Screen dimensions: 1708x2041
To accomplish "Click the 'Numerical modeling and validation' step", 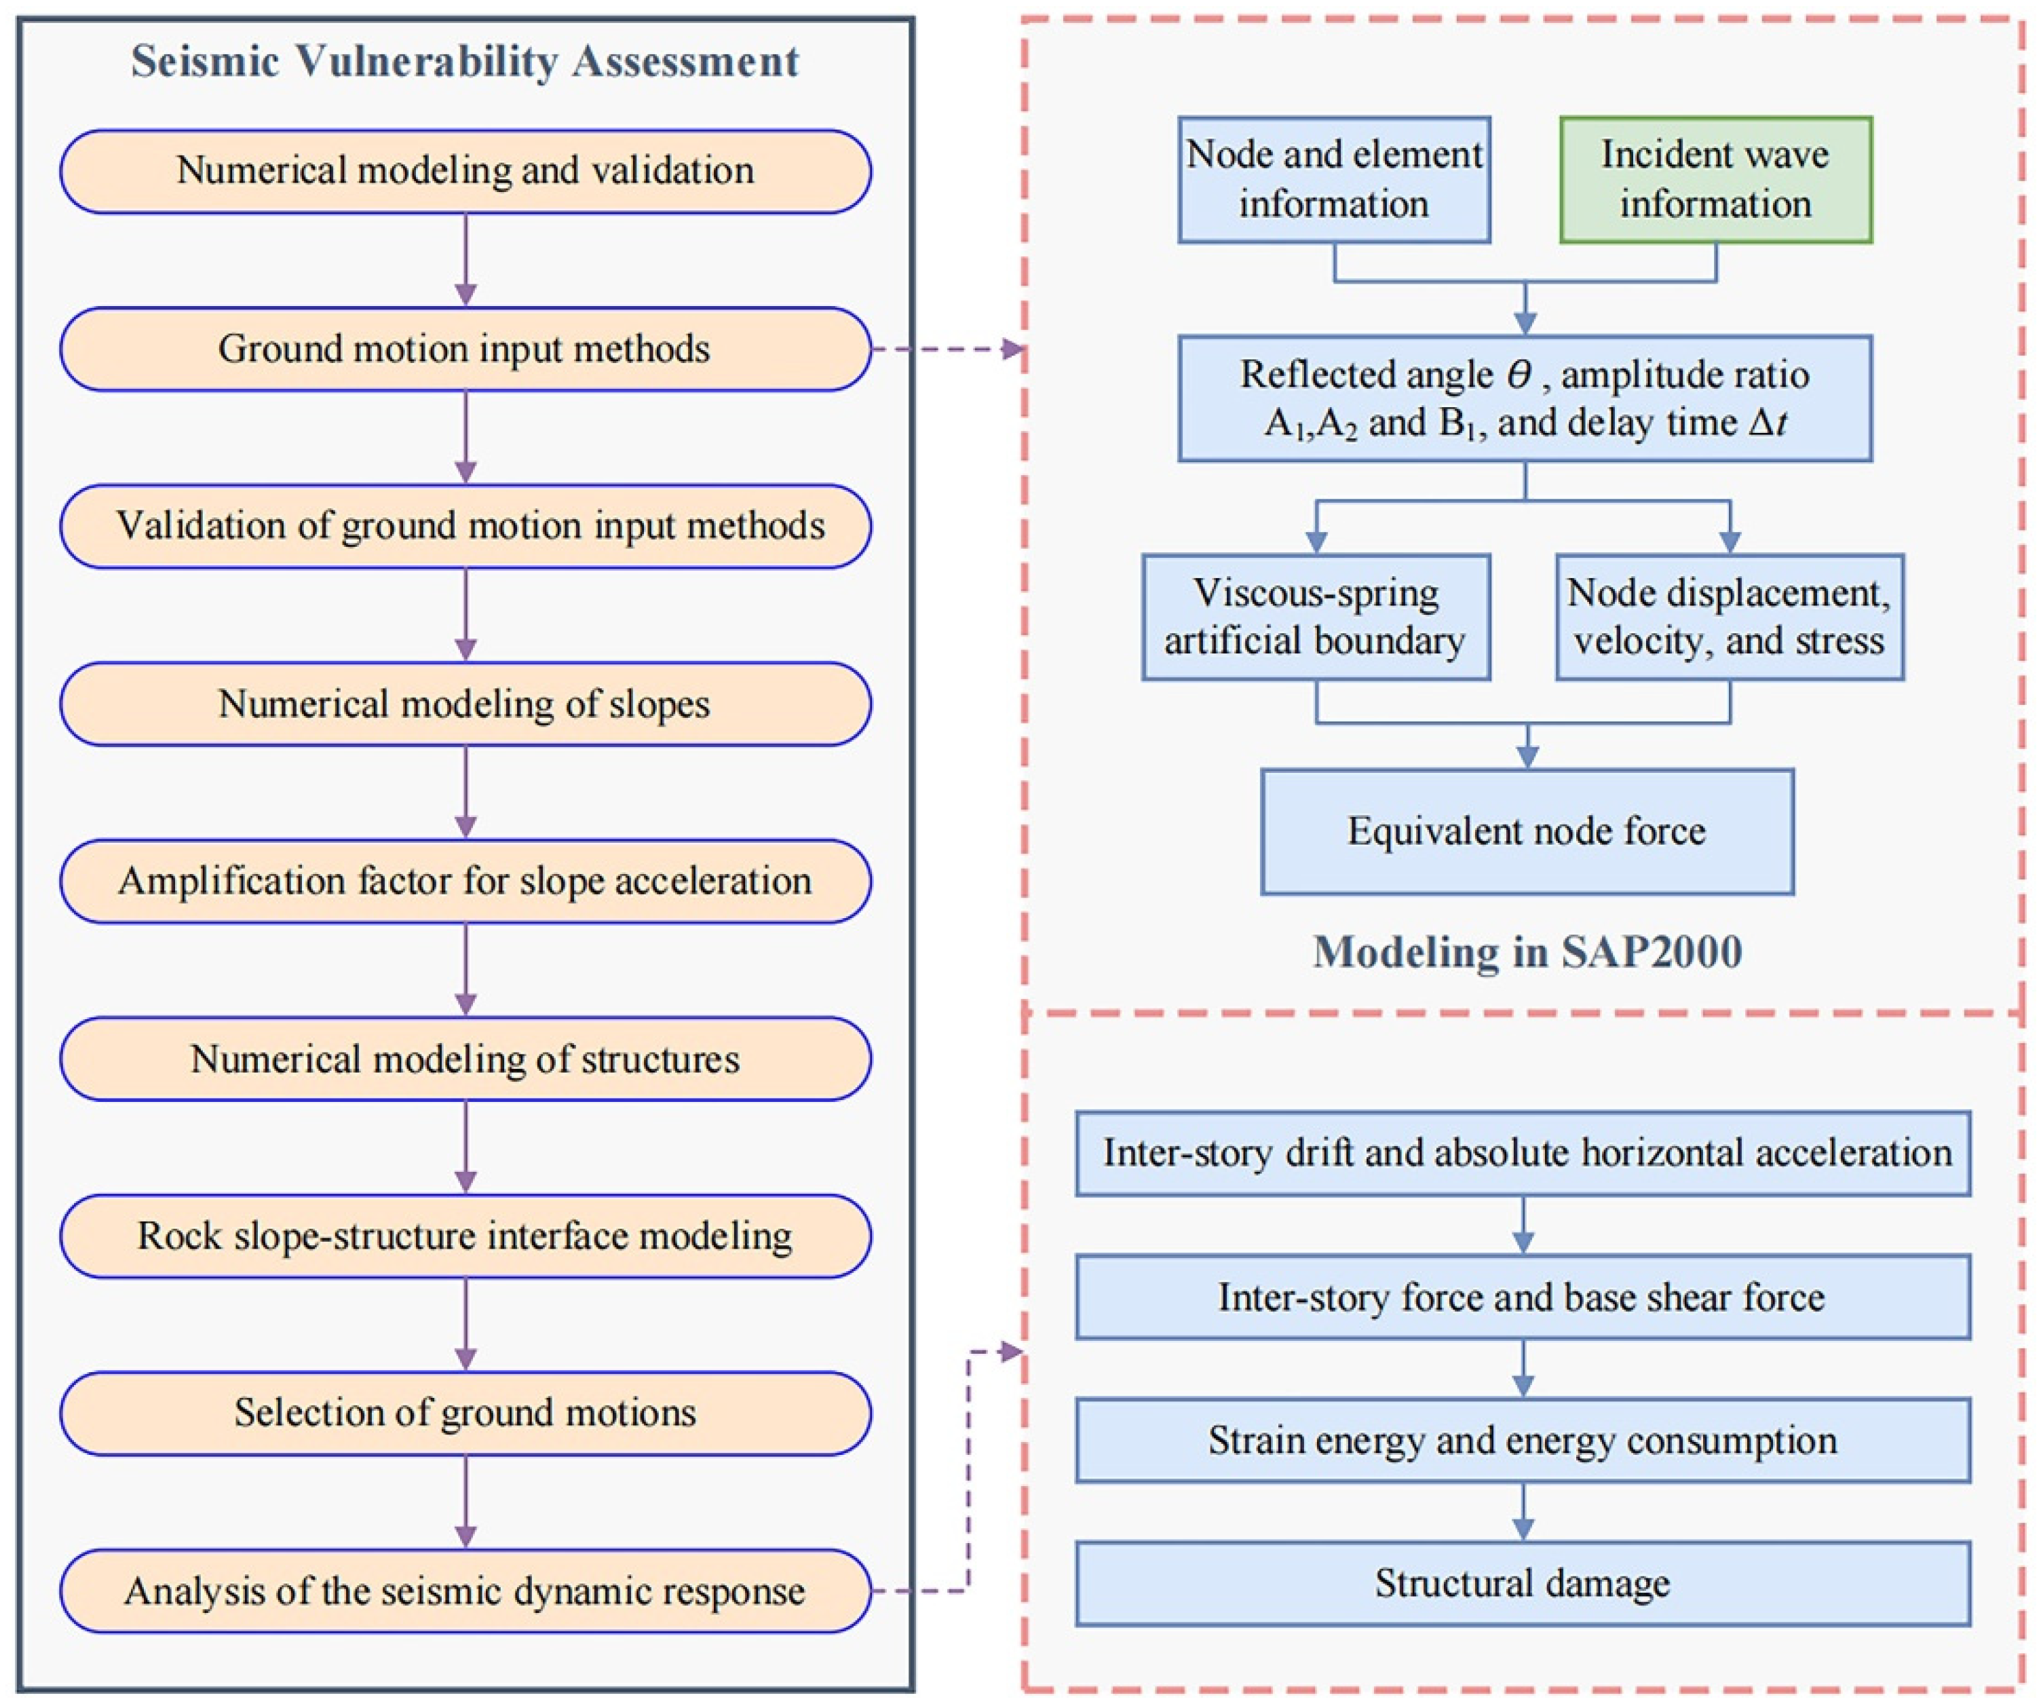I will [465, 171].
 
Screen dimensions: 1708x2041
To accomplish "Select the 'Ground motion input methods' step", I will [465, 349].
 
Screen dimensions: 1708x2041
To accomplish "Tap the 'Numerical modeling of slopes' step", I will [465, 704].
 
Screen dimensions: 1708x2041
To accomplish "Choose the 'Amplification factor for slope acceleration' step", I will [465, 881].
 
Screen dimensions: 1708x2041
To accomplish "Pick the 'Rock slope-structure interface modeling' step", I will [465, 1236].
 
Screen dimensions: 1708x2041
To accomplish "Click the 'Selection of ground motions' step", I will [465, 1413].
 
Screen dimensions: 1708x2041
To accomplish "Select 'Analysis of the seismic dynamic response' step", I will [465, 1591].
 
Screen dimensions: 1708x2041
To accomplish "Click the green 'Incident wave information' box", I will [1715, 180].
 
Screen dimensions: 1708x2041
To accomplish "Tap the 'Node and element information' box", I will [1333, 180].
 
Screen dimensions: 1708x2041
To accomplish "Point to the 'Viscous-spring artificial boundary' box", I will [1315, 616].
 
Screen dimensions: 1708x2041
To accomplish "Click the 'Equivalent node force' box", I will [1526, 831].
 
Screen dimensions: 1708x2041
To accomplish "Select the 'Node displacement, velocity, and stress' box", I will [1729, 616].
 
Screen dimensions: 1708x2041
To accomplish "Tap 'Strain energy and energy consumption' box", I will [1522, 1440].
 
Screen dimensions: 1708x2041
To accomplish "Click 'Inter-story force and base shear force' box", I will [1522, 1297].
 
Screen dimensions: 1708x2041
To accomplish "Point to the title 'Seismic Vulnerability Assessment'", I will [465, 61].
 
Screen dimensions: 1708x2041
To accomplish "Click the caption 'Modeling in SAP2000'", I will [1527, 951].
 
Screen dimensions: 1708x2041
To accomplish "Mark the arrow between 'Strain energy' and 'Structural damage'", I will [1523, 1512].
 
